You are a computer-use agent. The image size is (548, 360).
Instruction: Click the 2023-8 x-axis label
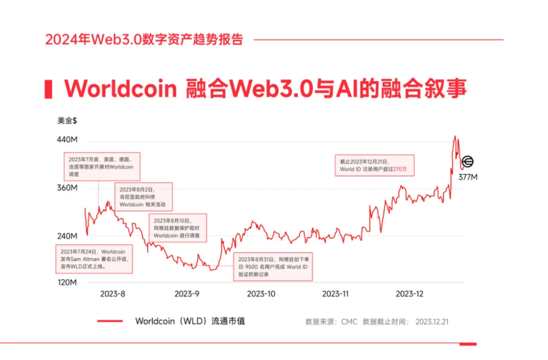112,294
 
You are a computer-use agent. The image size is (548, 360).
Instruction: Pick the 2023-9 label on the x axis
187,294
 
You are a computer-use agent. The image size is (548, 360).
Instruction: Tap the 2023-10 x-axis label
261,294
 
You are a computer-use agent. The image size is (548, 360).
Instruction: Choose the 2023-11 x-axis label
335,294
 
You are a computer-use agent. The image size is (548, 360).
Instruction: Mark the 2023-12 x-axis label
409,294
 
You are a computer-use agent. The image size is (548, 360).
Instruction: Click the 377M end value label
468,177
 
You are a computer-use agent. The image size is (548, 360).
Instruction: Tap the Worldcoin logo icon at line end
467,162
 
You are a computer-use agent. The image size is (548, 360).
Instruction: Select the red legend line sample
110,321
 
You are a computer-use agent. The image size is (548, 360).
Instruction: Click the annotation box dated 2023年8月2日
143,197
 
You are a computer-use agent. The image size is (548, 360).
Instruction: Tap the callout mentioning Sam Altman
94,259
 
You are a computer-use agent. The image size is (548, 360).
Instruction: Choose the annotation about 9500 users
274,267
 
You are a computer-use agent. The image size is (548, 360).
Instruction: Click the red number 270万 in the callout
400,169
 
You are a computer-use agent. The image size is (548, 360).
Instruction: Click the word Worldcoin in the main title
120,89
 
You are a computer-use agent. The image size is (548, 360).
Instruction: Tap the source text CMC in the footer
349,322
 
